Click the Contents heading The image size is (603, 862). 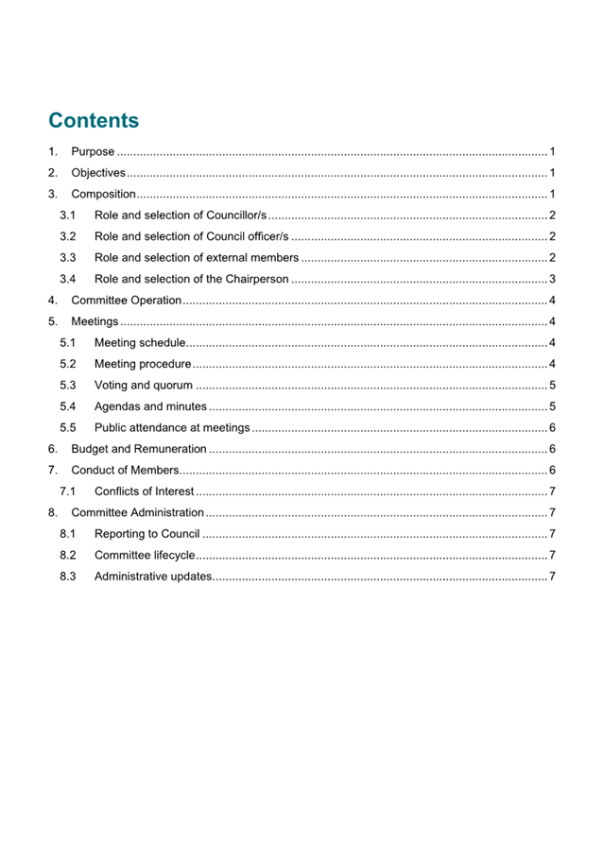click(x=94, y=121)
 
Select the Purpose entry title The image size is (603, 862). click(x=93, y=151)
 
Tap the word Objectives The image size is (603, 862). click(x=98, y=173)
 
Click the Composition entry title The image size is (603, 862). click(x=103, y=195)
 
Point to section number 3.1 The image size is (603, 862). click(x=67, y=216)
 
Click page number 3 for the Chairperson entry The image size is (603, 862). click(x=551, y=280)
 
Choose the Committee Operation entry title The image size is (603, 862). click(x=126, y=302)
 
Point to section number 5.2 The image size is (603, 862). click(x=67, y=364)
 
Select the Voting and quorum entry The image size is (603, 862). click(x=144, y=386)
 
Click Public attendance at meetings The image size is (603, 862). click(x=172, y=428)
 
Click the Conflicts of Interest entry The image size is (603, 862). click(x=145, y=491)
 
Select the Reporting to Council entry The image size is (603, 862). click(x=146, y=534)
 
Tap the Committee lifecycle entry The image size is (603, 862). click(x=145, y=556)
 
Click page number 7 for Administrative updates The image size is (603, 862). click(x=551, y=577)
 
